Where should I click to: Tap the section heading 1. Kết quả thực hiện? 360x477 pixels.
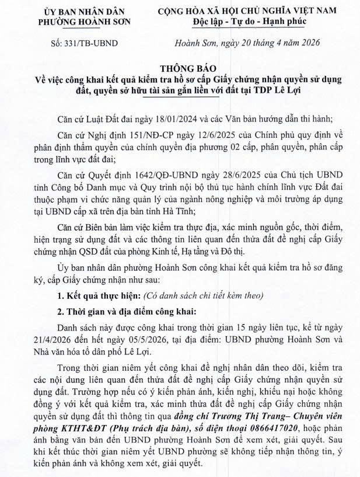(86, 295)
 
